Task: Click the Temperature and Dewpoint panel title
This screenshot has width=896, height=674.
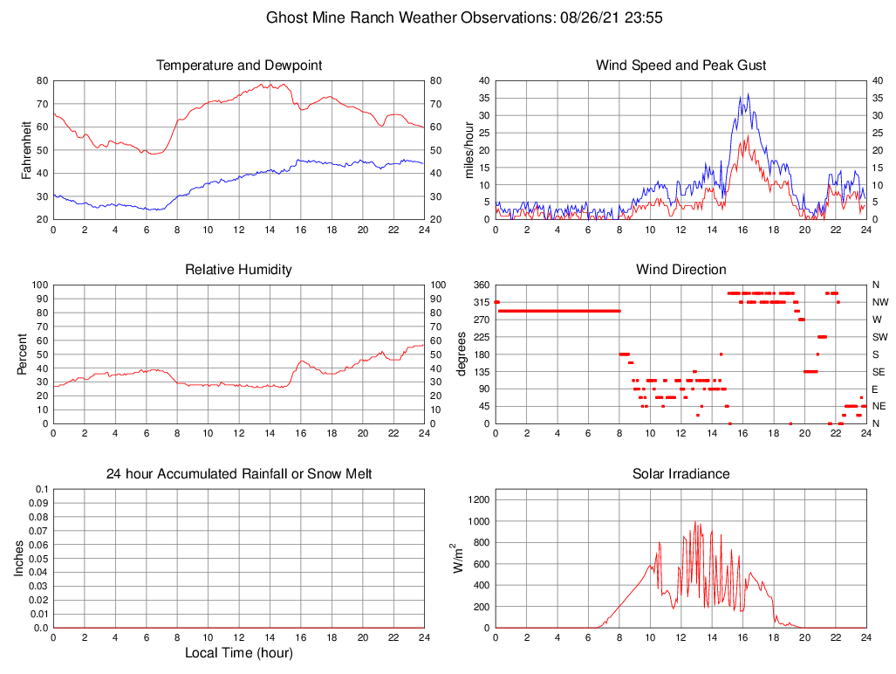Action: click(x=238, y=65)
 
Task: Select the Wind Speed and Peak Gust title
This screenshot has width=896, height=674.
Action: click(x=681, y=65)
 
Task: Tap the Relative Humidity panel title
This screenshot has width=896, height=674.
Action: click(x=238, y=270)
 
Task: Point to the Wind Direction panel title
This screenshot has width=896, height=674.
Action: click(x=681, y=270)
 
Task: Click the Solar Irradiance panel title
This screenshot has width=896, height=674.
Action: click(x=681, y=474)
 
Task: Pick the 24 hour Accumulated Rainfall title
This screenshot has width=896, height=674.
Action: click(x=238, y=474)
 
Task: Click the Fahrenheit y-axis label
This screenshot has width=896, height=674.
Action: click(x=26, y=150)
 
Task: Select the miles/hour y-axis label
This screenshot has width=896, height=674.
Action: click(x=469, y=150)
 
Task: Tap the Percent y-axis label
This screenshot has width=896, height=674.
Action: click(x=23, y=354)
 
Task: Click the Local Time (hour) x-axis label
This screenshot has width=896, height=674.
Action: click(x=238, y=653)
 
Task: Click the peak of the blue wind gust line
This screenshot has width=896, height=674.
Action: click(x=748, y=94)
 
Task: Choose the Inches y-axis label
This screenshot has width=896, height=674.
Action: click(x=19, y=559)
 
